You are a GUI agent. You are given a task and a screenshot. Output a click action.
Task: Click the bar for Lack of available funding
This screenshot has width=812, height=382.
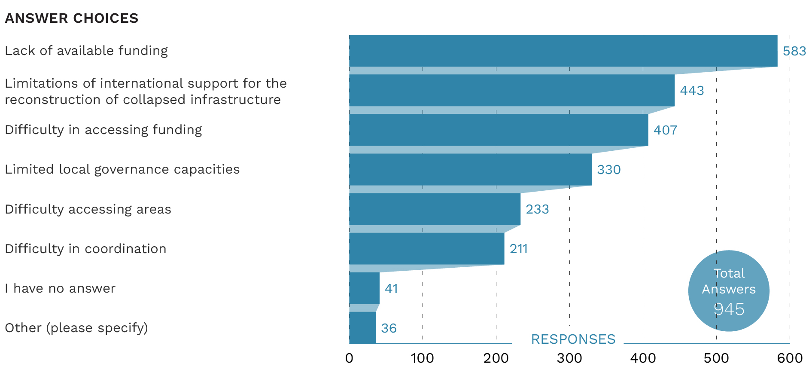[x=563, y=51]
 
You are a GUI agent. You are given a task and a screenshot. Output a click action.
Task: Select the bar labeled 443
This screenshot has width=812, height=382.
[x=511, y=90]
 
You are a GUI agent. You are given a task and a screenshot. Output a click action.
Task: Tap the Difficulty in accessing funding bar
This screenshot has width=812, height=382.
[x=499, y=130]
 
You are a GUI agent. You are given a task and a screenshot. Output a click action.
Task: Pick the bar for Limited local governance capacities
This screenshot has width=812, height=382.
[x=470, y=169]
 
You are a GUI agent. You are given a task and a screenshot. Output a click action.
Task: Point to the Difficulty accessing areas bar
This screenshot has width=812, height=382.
[x=435, y=209]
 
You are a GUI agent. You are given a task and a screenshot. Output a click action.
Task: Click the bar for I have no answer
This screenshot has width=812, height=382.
[x=364, y=288]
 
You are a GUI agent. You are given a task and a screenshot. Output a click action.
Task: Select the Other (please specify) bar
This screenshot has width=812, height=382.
[x=362, y=327]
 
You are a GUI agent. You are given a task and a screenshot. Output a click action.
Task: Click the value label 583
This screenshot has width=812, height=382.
[x=794, y=51]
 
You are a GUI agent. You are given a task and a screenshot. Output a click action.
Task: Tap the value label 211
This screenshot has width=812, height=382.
[x=518, y=249]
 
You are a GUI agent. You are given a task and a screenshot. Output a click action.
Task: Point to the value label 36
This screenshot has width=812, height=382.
[x=389, y=328]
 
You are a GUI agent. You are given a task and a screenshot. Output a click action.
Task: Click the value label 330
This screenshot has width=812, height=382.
[x=608, y=170]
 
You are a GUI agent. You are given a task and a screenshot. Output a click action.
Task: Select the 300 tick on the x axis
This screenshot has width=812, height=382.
[x=569, y=358]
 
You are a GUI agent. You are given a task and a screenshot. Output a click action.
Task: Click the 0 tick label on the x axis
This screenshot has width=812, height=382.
[x=349, y=358]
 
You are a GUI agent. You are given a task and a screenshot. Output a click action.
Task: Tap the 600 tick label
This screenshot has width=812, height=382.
[x=790, y=358]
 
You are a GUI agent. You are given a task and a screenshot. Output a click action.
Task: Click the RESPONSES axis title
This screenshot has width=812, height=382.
[x=573, y=339]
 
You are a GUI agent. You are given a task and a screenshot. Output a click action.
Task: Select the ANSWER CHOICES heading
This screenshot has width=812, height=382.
[x=72, y=18]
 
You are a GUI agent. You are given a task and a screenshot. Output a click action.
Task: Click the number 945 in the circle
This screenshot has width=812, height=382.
[x=729, y=309]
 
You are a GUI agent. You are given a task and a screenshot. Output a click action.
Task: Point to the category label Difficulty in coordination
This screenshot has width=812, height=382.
[x=85, y=249]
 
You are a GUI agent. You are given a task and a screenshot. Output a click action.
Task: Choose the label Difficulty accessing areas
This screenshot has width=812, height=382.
[x=88, y=209]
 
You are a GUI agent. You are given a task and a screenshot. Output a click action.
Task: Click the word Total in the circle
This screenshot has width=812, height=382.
[x=729, y=273]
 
